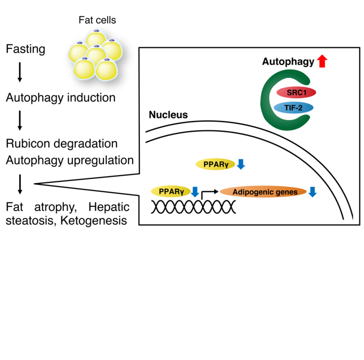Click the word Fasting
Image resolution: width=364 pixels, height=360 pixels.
(x=25, y=50)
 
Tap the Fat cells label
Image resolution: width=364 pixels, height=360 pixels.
(x=97, y=21)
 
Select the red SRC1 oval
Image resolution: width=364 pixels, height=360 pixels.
(x=295, y=92)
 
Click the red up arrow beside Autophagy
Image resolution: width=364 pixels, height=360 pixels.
(x=322, y=61)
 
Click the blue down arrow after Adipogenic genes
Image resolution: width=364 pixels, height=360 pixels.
(x=312, y=192)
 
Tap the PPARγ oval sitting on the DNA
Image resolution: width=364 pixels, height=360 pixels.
(x=171, y=192)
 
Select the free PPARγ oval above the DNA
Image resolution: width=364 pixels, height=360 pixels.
(x=215, y=165)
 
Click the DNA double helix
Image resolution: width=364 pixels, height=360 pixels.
(x=193, y=207)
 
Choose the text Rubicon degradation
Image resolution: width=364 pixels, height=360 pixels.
(x=62, y=143)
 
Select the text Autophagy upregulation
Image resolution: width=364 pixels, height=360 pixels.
(x=70, y=160)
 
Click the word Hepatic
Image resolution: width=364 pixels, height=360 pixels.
(x=109, y=207)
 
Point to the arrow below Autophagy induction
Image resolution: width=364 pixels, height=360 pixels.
(x=20, y=120)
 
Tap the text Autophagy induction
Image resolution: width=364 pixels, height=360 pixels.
(x=60, y=98)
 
